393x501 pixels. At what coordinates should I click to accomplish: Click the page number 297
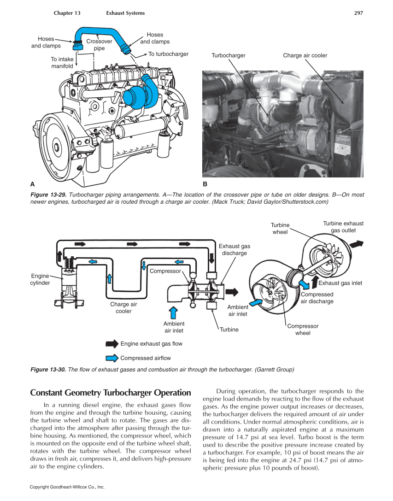pos(358,13)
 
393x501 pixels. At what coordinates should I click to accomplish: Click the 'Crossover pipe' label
pos(99,45)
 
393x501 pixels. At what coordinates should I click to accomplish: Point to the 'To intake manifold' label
pos(62,63)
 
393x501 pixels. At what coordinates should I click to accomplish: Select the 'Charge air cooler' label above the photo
pos(305,55)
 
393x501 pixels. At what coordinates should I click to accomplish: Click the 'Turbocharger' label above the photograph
pos(229,55)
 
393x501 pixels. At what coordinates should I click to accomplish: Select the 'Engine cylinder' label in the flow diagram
pos(40,279)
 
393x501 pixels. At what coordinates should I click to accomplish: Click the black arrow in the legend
pos(112,344)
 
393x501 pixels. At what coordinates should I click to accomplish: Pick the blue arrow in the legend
pos(112,358)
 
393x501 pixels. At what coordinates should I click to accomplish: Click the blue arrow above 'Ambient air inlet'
pos(174,312)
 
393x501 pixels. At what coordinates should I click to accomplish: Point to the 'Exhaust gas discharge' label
pos(235,250)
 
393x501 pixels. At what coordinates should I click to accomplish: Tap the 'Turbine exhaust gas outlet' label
pos(343,227)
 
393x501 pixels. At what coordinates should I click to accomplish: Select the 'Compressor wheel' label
pos(303,330)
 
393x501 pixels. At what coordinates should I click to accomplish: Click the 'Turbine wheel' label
pos(280,229)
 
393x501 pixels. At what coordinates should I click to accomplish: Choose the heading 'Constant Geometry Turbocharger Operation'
pos(110,393)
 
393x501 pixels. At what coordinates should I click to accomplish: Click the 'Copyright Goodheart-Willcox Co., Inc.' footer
pos(67,487)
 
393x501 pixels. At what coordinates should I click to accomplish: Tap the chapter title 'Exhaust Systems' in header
pos(125,13)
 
